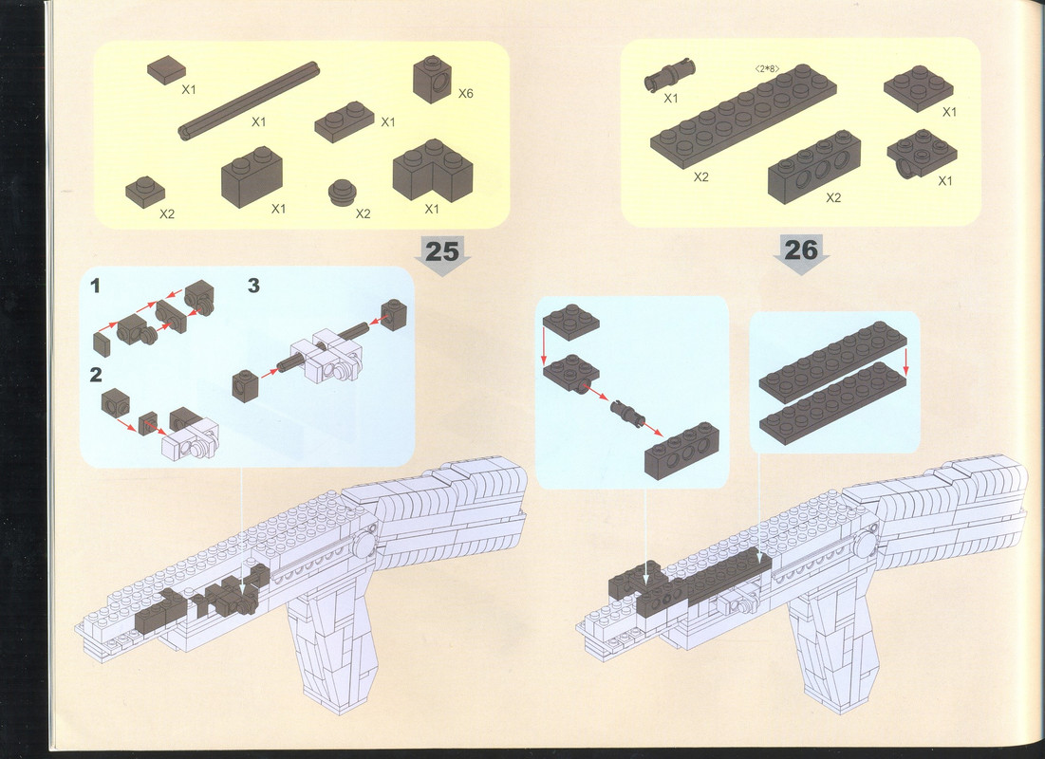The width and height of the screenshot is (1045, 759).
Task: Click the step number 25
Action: point(442,251)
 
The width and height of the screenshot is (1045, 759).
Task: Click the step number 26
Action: point(800,250)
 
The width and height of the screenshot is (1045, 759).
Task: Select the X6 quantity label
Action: point(465,93)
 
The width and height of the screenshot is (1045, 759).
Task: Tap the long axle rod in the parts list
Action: point(249,101)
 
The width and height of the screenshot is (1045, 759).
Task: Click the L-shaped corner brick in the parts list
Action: point(433,169)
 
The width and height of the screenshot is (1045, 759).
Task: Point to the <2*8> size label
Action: point(767,68)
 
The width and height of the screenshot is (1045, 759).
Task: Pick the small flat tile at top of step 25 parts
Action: point(167,69)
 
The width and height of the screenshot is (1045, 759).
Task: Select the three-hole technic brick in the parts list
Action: point(813,167)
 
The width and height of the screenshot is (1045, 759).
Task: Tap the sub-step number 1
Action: point(95,286)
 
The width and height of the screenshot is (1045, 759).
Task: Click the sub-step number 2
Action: point(96,375)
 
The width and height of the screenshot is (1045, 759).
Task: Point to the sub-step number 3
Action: point(253,286)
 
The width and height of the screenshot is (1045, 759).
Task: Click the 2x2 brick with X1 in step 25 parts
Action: point(252,176)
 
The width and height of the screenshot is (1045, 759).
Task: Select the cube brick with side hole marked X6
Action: point(433,80)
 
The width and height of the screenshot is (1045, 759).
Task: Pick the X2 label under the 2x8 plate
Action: point(701,177)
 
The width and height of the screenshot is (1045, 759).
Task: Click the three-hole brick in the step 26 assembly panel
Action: point(681,452)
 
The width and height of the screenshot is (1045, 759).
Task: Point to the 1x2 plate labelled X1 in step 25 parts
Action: point(344,122)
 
